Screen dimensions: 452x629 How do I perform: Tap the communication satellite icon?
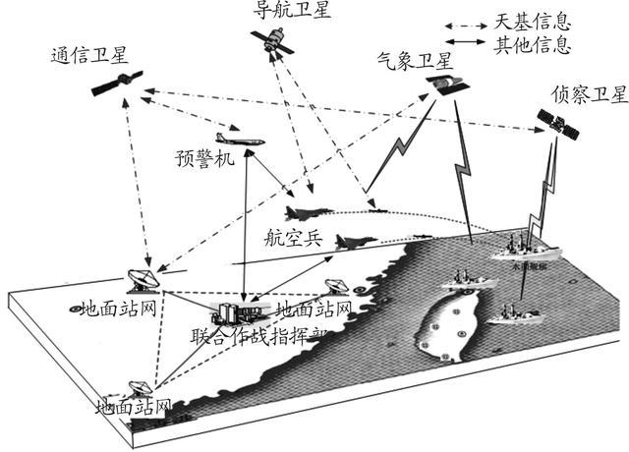(x=118, y=85)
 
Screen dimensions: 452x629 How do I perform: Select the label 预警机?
(x=205, y=157)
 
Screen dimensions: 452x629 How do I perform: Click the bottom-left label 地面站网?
(x=135, y=405)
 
